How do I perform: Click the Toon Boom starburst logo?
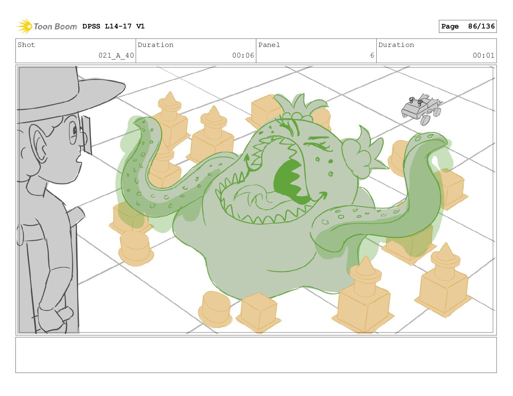point(25,26)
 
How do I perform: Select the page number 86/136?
point(481,26)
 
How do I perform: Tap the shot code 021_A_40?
point(116,55)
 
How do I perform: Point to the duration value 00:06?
point(243,55)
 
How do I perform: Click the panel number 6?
point(372,55)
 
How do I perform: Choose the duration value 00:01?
point(484,55)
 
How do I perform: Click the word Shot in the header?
point(26,45)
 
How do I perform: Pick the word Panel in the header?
point(269,45)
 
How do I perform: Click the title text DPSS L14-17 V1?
point(113,26)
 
